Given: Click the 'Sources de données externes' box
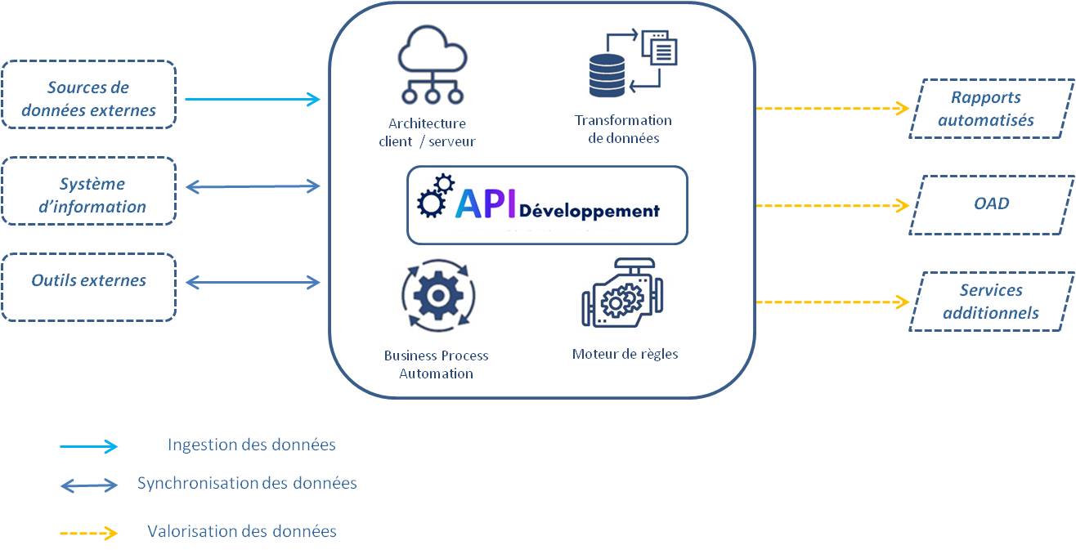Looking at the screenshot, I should pyautogui.click(x=88, y=95).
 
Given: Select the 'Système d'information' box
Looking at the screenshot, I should pyautogui.click(x=88, y=191).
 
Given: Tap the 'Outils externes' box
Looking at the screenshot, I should pyautogui.click(x=88, y=287).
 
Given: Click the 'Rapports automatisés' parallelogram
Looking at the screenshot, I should pyautogui.click(x=991, y=109).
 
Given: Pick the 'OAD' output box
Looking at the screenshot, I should pyautogui.click(x=991, y=205).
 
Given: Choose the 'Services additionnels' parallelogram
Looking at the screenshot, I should pyautogui.click(x=991, y=302).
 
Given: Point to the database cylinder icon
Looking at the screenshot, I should pyautogui.click(x=607, y=74).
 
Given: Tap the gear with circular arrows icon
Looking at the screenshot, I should pyautogui.click(x=438, y=297).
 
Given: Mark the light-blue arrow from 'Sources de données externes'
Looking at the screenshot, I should pyautogui.click(x=252, y=100).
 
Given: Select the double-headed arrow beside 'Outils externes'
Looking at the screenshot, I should pyautogui.click(x=253, y=282).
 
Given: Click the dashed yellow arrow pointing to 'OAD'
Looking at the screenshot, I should pyautogui.click(x=832, y=205).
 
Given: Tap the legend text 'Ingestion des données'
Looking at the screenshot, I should pyautogui.click(x=251, y=445).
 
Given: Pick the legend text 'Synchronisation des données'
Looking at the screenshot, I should pyautogui.click(x=247, y=483).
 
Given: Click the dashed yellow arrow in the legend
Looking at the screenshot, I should pyautogui.click(x=88, y=534).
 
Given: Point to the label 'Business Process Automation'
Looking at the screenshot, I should pyautogui.click(x=436, y=364).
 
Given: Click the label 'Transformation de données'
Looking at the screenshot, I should pyautogui.click(x=623, y=129).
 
